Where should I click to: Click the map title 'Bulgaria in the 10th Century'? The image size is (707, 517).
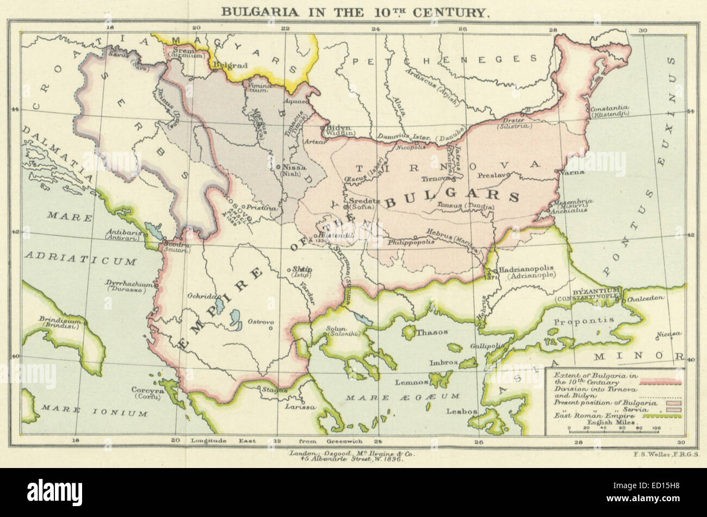(x=354, y=11)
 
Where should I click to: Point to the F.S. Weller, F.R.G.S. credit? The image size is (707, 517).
(x=666, y=453)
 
